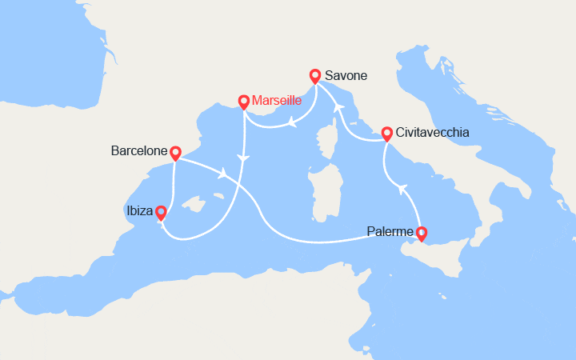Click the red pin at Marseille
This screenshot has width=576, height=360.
(244, 102)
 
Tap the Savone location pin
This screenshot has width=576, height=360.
(315, 76)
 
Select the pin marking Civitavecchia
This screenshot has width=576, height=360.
(386, 133)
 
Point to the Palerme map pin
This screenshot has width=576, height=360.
(422, 233)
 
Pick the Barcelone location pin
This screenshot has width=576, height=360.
(175, 151)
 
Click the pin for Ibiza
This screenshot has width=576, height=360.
(161, 213)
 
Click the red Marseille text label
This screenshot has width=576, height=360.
(277, 101)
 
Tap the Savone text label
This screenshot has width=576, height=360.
(346, 76)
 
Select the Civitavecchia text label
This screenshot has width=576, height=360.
(432, 133)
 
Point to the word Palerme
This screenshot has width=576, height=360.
(390, 232)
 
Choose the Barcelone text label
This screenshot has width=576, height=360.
(139, 150)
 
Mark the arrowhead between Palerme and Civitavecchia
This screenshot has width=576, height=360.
(403, 189)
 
